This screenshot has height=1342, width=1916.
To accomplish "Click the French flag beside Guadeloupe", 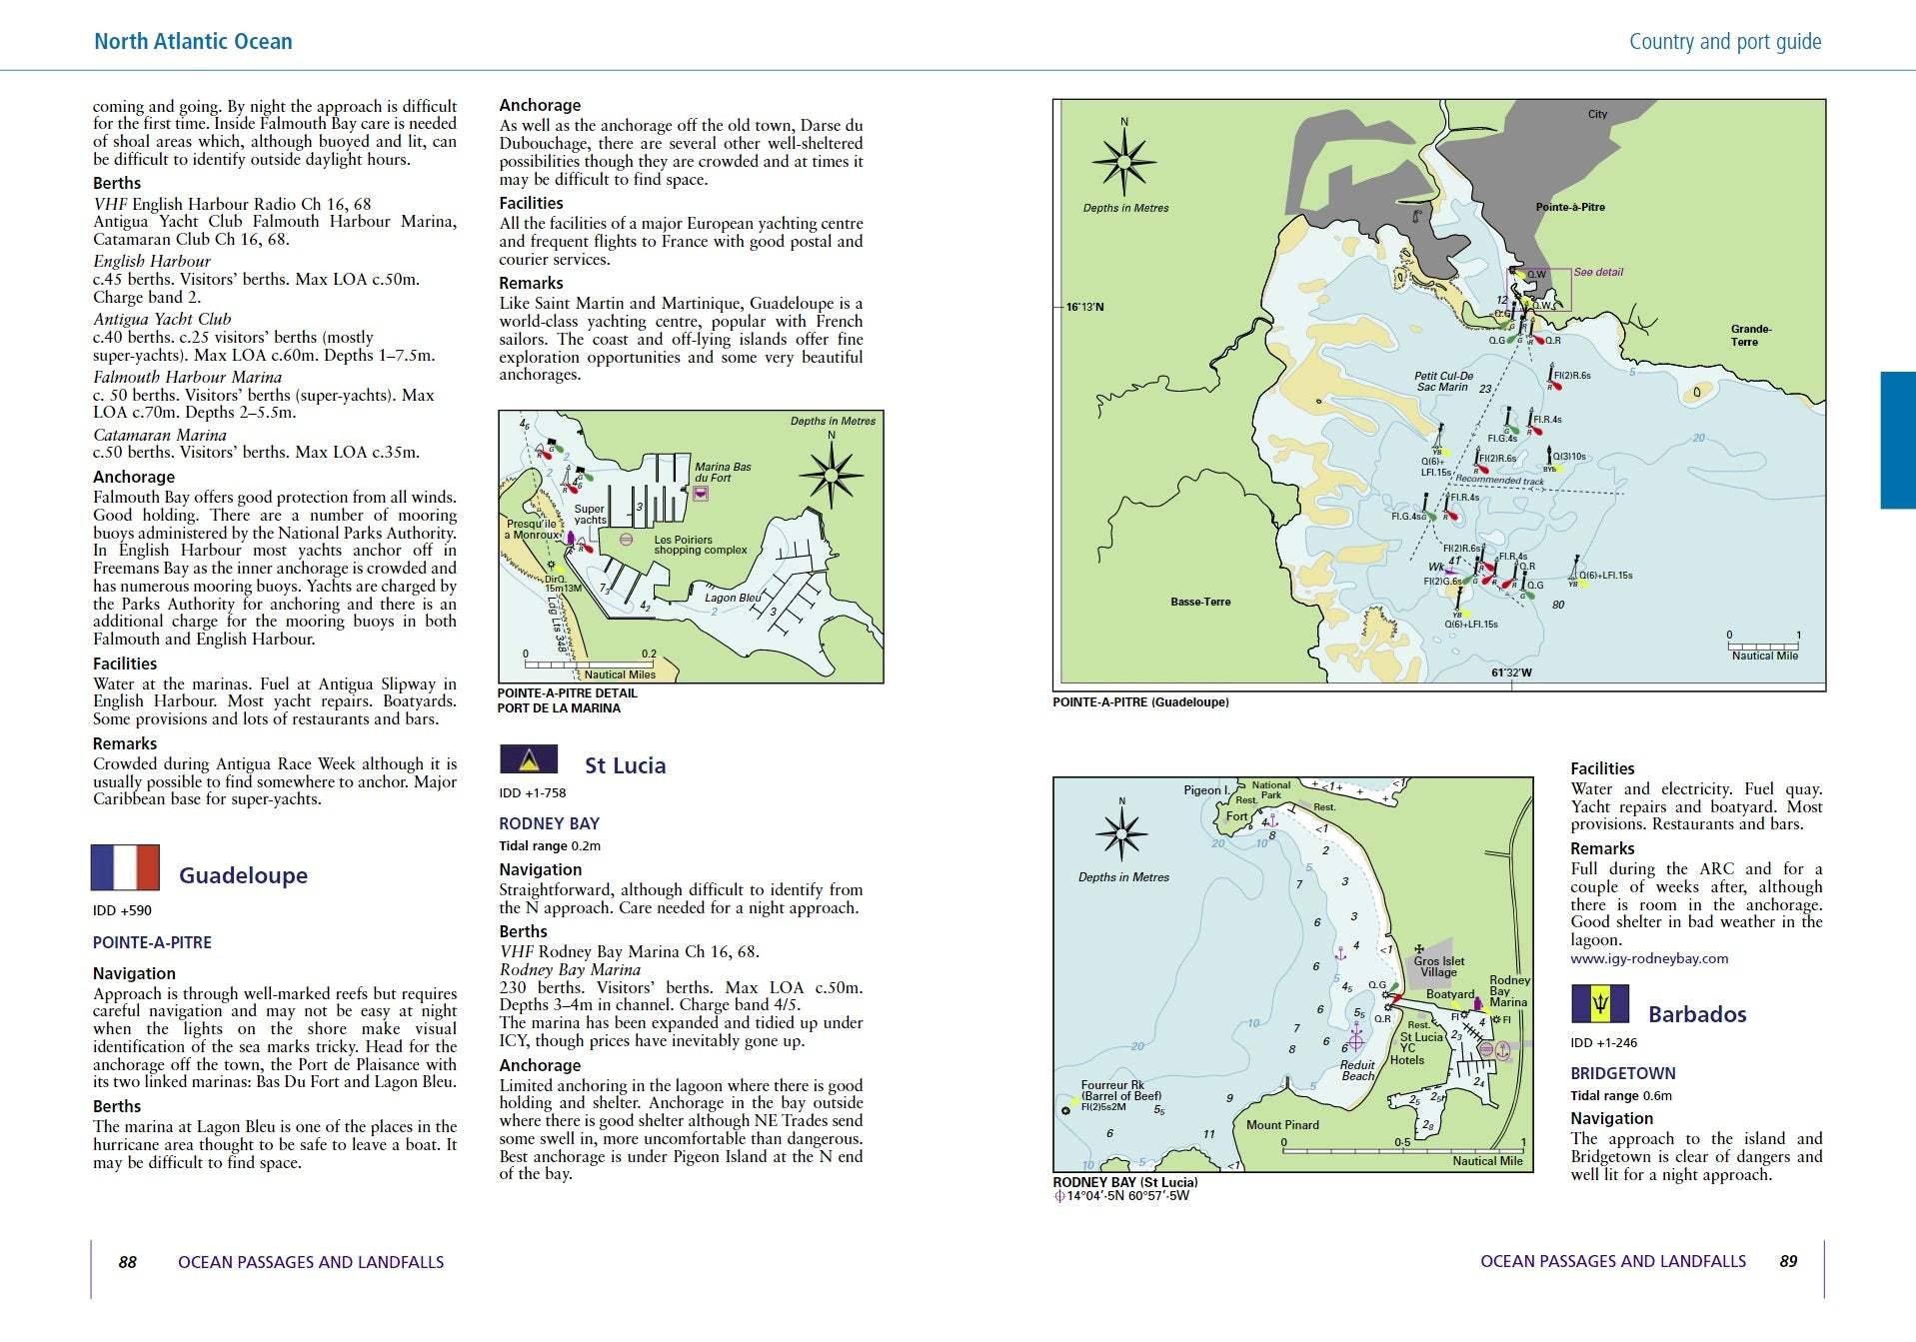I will tap(125, 867).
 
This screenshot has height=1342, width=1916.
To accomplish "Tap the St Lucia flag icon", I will tap(529, 759).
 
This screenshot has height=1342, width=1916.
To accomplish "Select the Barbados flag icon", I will tap(1599, 1004).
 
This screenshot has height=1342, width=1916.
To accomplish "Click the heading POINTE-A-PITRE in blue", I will tap(152, 942).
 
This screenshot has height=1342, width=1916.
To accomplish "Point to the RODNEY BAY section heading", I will tap(549, 823).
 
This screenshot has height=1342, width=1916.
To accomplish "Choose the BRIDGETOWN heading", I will tap(1622, 1073).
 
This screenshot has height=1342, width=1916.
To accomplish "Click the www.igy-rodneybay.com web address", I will tap(1649, 958).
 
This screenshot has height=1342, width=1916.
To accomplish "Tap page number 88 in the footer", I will tap(127, 1262).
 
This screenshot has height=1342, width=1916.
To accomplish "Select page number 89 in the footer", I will tap(1788, 1261).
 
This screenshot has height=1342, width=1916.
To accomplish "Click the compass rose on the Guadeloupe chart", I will tap(1124, 161).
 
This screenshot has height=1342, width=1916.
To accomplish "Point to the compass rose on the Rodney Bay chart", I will tap(1121, 832).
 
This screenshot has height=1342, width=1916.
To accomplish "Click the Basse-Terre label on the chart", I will tap(1200, 602).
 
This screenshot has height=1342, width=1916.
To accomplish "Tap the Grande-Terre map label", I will tap(1750, 335).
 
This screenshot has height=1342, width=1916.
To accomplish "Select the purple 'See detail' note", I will tap(1598, 272).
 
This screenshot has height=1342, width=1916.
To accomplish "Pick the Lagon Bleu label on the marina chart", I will tap(733, 598).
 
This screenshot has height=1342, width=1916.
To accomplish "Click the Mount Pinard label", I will tap(1282, 1125).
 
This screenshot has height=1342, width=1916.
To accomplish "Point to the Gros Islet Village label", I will tap(1438, 966).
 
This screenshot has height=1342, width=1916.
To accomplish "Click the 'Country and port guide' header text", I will tap(1724, 42).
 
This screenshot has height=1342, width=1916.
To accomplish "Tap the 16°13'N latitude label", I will tap(1084, 307).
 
